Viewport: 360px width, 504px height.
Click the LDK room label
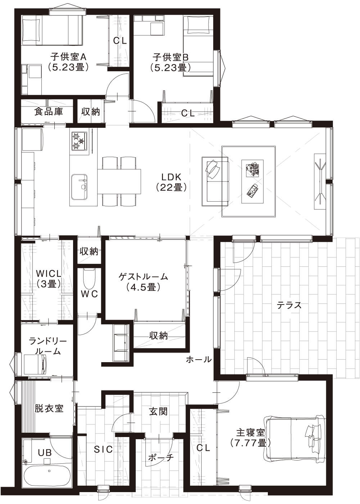coord(171,177)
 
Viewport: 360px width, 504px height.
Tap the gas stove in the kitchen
coord(80,141)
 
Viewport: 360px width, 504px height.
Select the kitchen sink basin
coord(80,187)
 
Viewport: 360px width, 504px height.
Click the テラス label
coord(289,305)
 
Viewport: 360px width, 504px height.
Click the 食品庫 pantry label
coord(48,111)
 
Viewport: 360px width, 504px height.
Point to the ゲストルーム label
coord(143,276)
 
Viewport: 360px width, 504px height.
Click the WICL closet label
coord(49,274)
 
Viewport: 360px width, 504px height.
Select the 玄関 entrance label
coord(158,411)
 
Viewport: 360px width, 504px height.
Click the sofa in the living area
coord(215,181)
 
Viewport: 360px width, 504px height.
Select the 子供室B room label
coord(170,57)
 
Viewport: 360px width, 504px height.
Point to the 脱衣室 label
coord(49,408)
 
